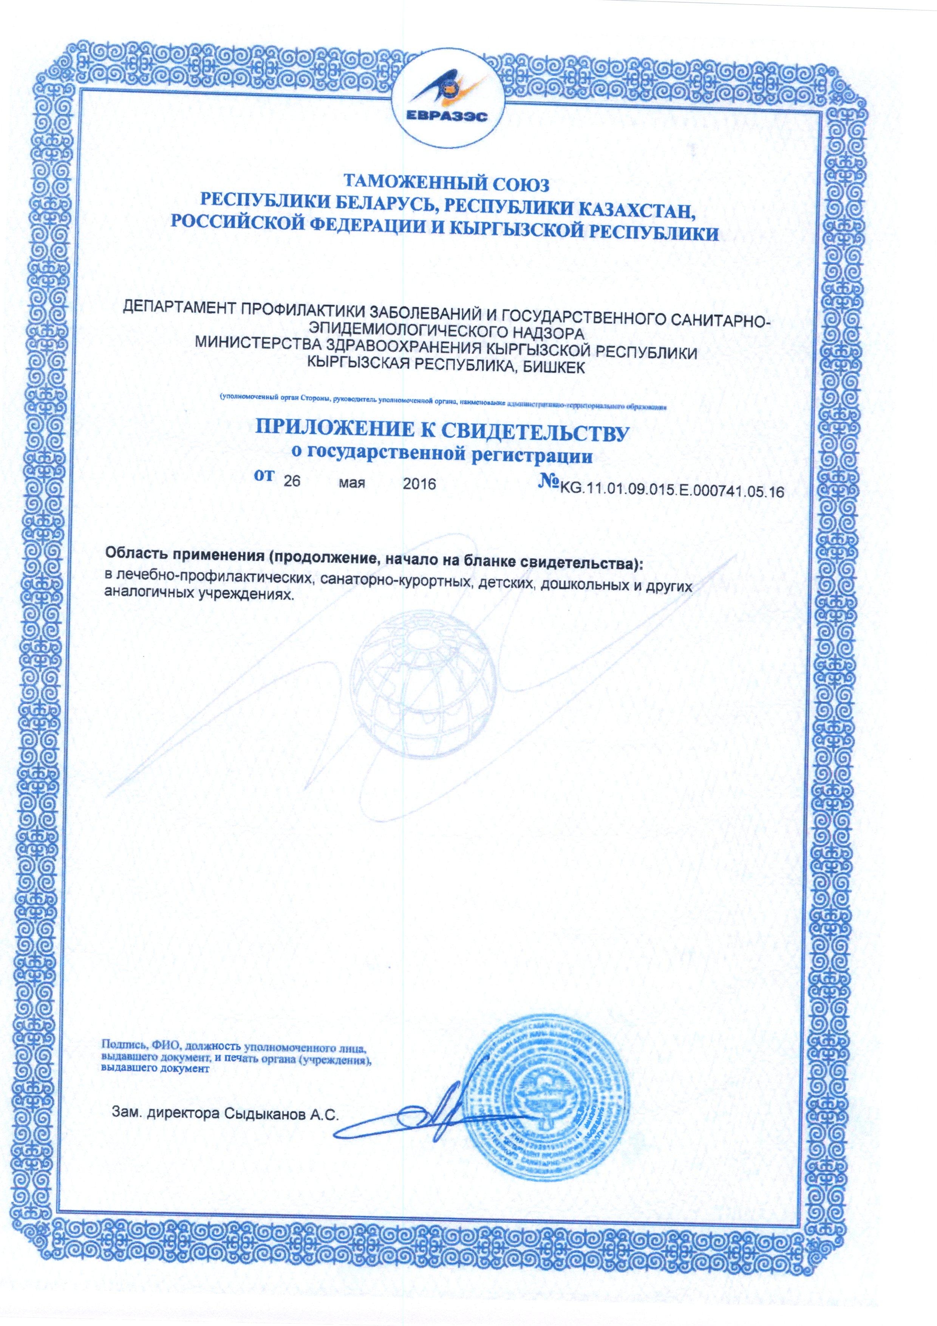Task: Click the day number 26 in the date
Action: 292,483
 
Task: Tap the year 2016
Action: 419,483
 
